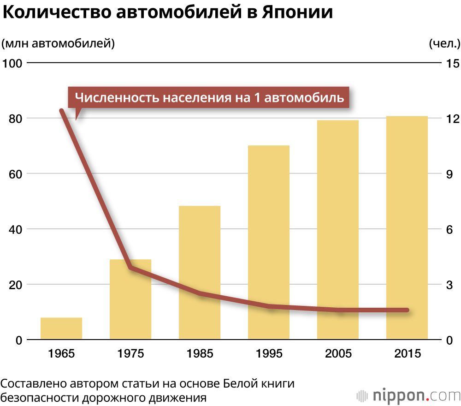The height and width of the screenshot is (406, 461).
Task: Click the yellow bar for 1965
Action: point(61,328)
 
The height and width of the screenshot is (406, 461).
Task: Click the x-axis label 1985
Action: point(200,354)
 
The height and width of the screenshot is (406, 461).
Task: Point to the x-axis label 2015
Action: point(408,354)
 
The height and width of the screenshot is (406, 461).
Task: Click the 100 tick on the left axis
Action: point(12,63)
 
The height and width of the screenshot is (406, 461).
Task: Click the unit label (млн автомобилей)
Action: point(58,44)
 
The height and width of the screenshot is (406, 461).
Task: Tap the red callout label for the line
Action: point(209,98)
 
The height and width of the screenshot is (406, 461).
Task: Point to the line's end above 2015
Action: point(407,310)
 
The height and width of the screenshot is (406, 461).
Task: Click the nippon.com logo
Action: point(408,395)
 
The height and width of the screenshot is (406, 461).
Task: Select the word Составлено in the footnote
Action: point(35,384)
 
